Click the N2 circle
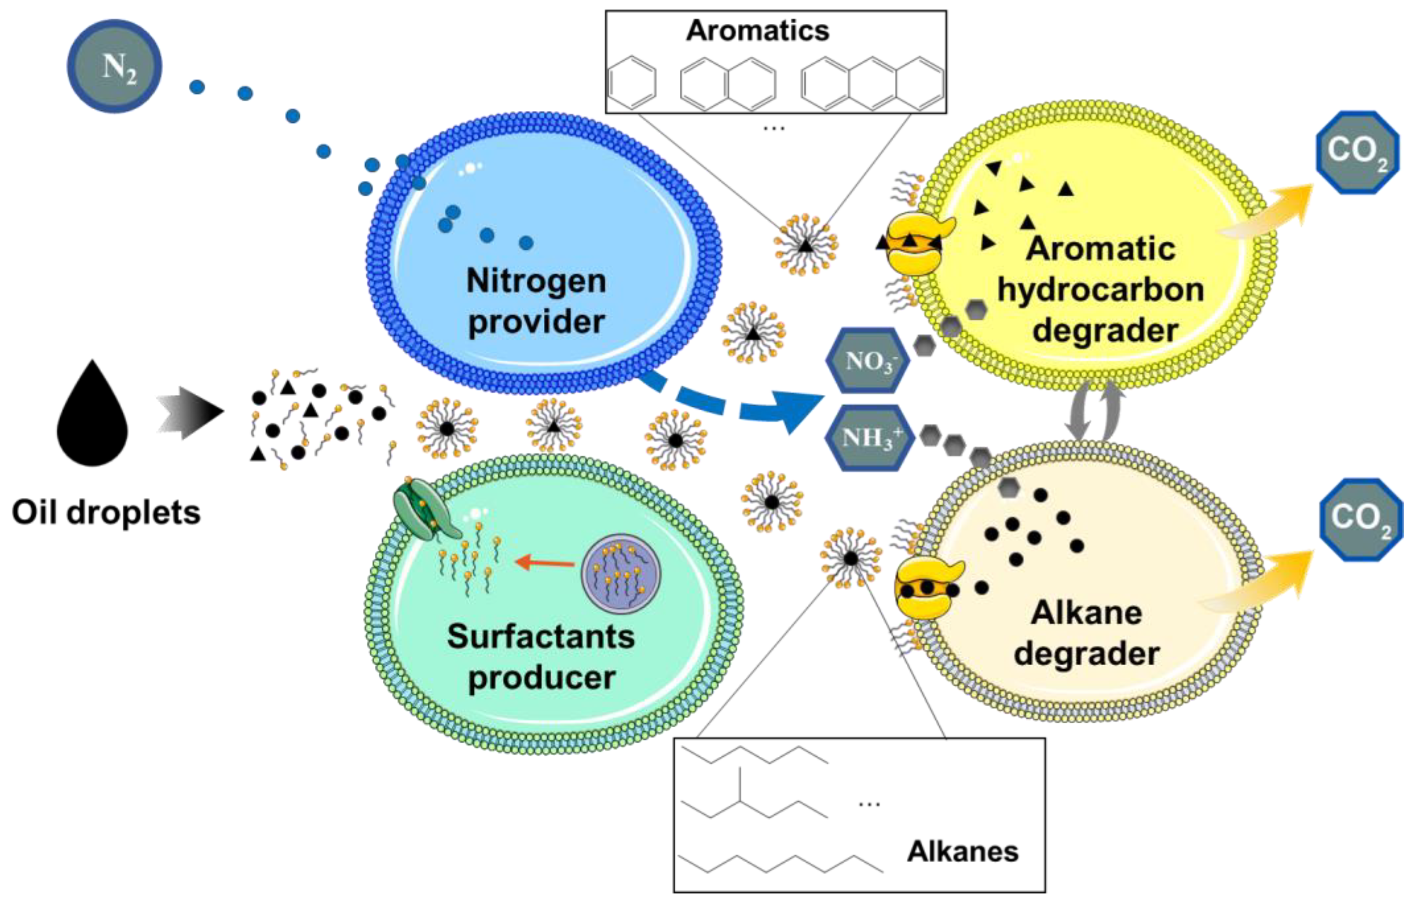114,66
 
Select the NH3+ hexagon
869,437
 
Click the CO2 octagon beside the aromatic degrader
1356,152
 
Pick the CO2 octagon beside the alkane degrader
1360,520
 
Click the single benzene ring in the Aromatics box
632,83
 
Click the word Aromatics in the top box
758,30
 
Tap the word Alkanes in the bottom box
963,851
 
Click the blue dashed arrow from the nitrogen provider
734,405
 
